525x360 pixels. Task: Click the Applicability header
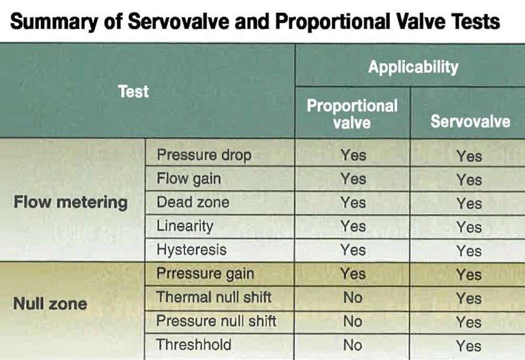413,67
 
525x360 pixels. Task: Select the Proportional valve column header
352,113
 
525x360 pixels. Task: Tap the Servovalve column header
470,121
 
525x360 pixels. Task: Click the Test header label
133,92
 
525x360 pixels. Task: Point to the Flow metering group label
70,202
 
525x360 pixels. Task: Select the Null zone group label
50,303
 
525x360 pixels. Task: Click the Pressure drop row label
203,155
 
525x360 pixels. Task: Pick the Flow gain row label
188,179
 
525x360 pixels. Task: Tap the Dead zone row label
192,202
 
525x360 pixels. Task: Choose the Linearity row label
185,226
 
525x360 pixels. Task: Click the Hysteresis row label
191,250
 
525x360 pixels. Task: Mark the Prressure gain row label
205,274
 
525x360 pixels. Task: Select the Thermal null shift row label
213,297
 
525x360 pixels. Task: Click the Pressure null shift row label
216,321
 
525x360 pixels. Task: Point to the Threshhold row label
193,345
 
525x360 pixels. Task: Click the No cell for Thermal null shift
353,297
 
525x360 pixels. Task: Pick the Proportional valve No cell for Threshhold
353,345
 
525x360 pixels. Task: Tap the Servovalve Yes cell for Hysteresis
469,251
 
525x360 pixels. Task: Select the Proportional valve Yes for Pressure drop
353,155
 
